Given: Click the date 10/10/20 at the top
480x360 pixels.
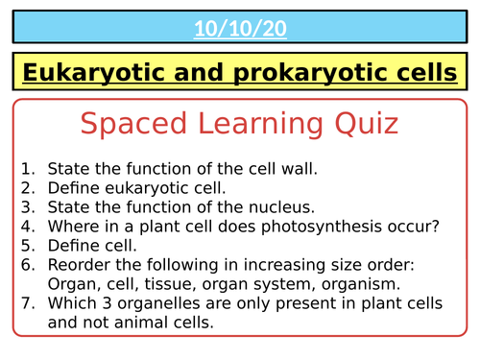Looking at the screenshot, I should pyautogui.click(x=240, y=29).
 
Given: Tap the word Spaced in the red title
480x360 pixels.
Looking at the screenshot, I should pyautogui.click(x=129, y=124).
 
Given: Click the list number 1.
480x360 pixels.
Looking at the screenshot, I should pyautogui.click(x=28, y=168).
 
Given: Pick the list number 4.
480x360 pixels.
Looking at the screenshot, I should pyautogui.click(x=28, y=227).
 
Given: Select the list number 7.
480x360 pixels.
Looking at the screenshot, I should pyautogui.click(x=28, y=303).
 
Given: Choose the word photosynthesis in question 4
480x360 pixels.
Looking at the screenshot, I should pyautogui.click(x=299, y=227).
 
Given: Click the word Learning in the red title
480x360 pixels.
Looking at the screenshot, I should pyautogui.click(x=253, y=124).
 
